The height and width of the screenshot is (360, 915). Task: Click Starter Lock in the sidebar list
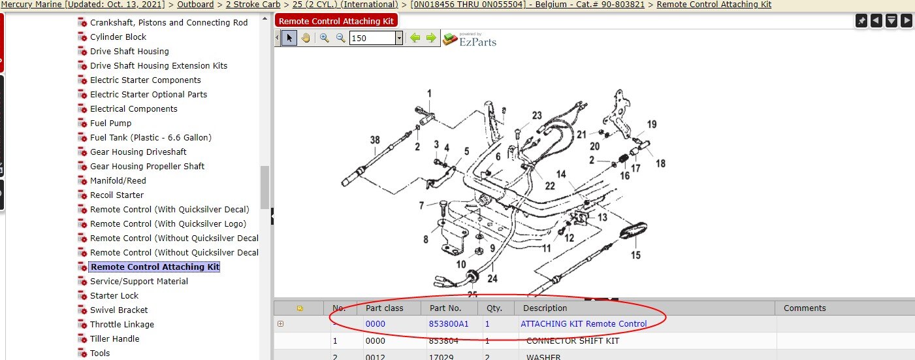pyautogui.click(x=114, y=295)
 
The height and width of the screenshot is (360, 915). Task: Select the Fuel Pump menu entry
pyautogui.click(x=110, y=123)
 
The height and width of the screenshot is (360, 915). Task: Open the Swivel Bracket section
pyautogui.click(x=119, y=310)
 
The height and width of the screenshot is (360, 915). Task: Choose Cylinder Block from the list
pyautogui.click(x=118, y=37)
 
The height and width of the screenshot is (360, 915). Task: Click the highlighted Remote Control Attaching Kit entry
pyautogui.click(x=155, y=267)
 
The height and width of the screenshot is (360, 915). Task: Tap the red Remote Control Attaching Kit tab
pyautogui.click(x=336, y=21)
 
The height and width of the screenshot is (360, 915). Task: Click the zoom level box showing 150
pyautogui.click(x=372, y=39)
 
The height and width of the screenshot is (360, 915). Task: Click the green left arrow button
pyautogui.click(x=415, y=38)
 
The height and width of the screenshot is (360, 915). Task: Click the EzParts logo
pyautogui.click(x=470, y=39)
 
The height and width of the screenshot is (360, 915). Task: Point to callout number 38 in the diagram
pyautogui.click(x=375, y=140)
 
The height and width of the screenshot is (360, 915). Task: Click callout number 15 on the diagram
pyautogui.click(x=635, y=255)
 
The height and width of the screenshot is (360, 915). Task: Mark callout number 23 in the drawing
pyautogui.click(x=537, y=116)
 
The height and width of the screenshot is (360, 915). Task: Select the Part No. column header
pyautogui.click(x=445, y=308)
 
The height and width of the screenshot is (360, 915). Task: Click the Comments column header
pyautogui.click(x=805, y=308)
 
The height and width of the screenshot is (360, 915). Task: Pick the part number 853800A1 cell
pyautogui.click(x=449, y=323)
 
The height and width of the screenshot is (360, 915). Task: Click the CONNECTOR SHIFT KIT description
pyautogui.click(x=572, y=340)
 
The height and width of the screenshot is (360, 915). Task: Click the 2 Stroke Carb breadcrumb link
pyautogui.click(x=253, y=5)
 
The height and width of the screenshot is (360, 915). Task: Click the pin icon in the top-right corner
pyautogui.click(x=861, y=21)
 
